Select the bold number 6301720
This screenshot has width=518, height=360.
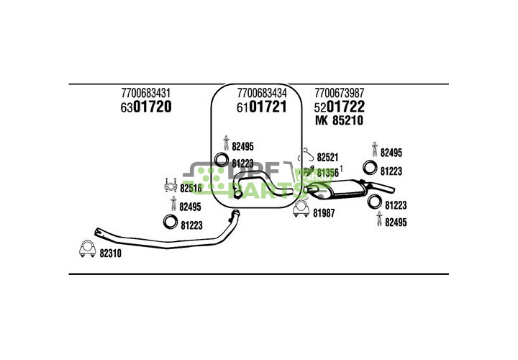(145, 107)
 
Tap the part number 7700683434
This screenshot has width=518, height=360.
(262, 93)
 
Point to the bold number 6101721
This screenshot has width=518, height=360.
(262, 107)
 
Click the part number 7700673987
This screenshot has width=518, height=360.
(339, 93)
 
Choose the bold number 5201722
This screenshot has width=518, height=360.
(339, 107)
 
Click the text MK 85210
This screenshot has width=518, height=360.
(339, 121)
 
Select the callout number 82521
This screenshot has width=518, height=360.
(327, 156)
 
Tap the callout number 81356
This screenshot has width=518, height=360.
(327, 172)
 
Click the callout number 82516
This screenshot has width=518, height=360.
(191, 189)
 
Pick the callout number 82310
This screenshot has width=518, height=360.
(110, 253)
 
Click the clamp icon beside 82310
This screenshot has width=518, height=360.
(86, 251)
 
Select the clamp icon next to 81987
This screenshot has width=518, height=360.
(301, 210)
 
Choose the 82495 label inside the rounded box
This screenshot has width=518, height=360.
(242, 144)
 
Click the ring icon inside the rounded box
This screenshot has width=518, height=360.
(222, 161)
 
